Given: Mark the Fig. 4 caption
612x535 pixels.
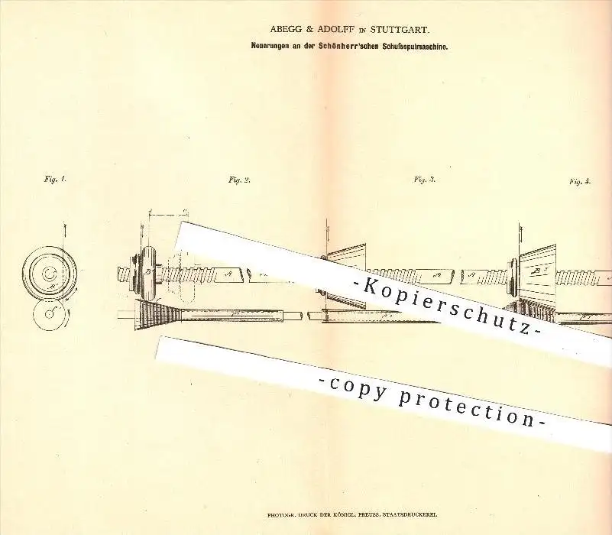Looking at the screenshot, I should click(x=581, y=181).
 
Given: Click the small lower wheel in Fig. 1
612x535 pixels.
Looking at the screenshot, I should click(x=50, y=313).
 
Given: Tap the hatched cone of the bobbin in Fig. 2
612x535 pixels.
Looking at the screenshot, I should click(x=155, y=313).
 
